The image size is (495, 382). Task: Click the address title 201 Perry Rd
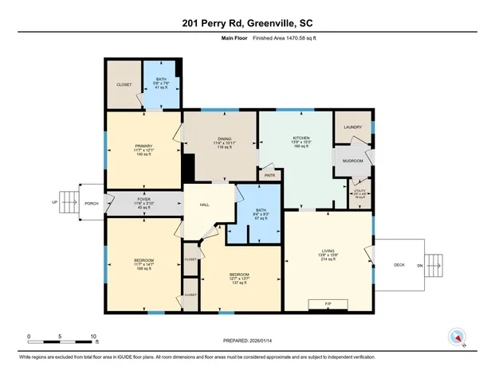247,21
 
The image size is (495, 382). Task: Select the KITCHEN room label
301,138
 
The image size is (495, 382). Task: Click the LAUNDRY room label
353,127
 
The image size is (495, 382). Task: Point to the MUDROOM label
353,161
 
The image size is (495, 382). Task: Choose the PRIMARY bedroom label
143,146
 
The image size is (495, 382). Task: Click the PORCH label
92,204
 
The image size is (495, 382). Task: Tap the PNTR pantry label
269,175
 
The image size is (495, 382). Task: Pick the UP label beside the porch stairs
55,203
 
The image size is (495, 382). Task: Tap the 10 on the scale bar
94,337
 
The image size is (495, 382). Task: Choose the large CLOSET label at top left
124,84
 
